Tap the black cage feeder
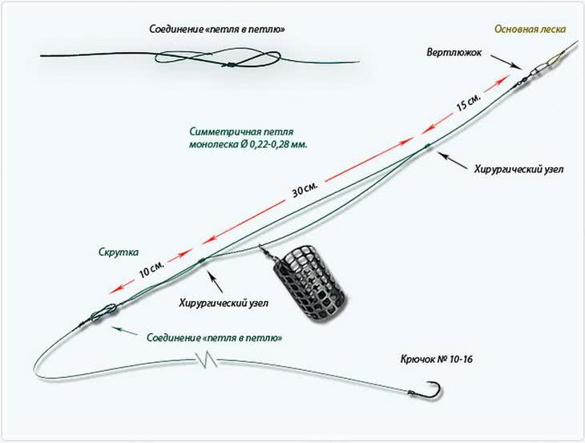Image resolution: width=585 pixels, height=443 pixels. point(301,283)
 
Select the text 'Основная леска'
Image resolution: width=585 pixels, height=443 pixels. point(530,29)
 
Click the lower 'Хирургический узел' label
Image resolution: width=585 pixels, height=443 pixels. point(224,303)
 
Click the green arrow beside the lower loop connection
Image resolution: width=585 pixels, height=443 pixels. point(123,328)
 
